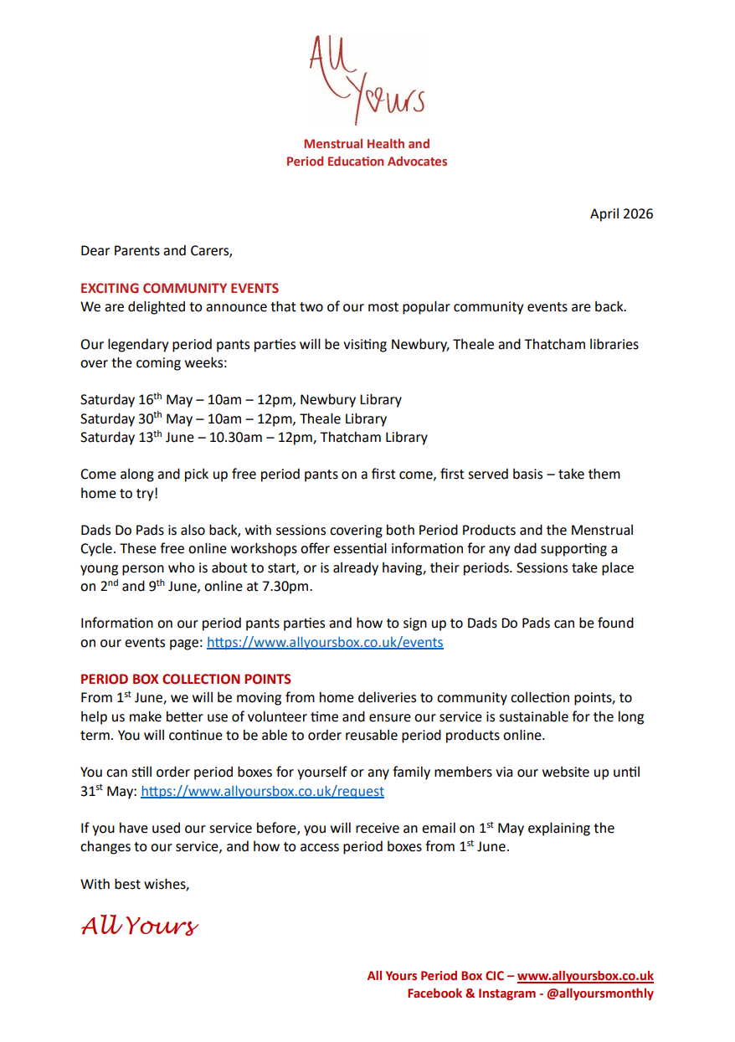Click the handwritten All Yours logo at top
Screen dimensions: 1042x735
coord(367,80)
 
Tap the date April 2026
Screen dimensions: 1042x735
coord(621,213)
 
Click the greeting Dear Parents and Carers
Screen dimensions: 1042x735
coord(156,250)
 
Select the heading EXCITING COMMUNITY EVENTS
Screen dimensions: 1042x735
coord(179,288)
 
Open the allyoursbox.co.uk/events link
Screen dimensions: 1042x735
coord(325,643)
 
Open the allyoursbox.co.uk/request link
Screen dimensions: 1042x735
coord(262,791)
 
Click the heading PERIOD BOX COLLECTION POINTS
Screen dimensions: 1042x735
coord(186,679)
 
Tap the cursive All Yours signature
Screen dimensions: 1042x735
coord(140,925)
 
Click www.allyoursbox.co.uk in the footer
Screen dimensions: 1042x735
coord(585,976)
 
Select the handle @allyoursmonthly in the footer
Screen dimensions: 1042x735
coord(599,993)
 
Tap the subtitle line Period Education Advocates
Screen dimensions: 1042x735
coord(367,162)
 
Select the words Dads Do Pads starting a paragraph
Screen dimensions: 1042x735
coord(122,531)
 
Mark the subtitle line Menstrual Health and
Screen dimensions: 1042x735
coord(367,144)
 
